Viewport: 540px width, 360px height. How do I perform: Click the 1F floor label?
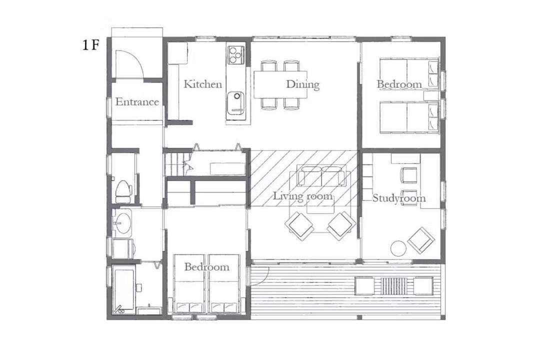coord(90,45)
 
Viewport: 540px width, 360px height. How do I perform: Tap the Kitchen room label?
coord(202,84)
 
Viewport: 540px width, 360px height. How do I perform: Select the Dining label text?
coord(302,84)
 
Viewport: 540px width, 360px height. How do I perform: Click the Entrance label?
coord(137,102)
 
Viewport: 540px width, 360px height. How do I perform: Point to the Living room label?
coord(303,196)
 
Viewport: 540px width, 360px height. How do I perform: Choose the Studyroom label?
coord(399,198)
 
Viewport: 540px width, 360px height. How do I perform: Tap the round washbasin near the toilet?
coord(122,222)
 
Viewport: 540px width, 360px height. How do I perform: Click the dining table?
coord(280,84)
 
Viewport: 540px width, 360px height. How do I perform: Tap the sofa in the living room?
coord(321,176)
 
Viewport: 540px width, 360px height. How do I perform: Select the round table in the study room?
coord(399,248)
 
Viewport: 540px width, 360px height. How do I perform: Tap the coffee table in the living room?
coord(320,207)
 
